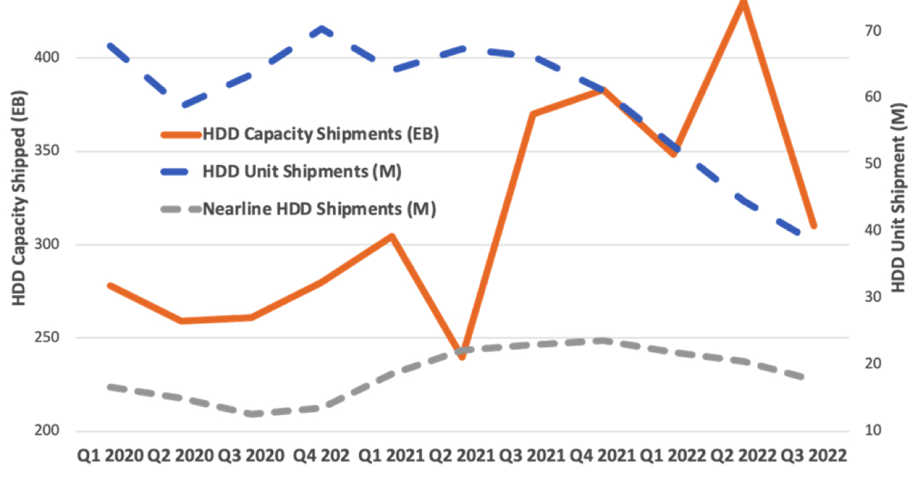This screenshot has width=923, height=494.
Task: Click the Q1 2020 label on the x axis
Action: [110, 456]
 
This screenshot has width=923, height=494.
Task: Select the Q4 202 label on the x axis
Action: [321, 456]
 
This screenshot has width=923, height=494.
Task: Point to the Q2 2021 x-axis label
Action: [462, 456]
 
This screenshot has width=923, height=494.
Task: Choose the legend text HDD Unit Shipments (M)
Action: [302, 171]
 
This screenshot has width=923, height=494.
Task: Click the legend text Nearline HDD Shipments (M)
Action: [319, 209]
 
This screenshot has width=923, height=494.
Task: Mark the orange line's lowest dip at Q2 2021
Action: [462, 357]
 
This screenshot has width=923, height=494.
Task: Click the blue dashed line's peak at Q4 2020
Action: [322, 29]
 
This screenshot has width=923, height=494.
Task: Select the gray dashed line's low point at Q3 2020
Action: [251, 414]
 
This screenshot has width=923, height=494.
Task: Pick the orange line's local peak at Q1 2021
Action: [392, 236]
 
